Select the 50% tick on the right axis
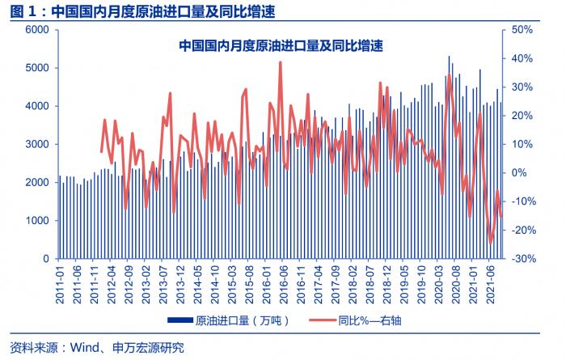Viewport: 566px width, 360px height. (522, 30)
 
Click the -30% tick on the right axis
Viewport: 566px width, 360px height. (522, 259)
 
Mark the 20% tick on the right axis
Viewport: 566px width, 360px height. (522, 116)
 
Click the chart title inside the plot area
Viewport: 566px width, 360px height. (280, 47)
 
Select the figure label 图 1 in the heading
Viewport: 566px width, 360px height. (19, 11)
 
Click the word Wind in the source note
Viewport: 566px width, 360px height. (85, 349)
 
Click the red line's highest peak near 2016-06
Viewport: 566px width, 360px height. (280, 62)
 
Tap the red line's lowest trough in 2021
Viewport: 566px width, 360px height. (490, 242)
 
